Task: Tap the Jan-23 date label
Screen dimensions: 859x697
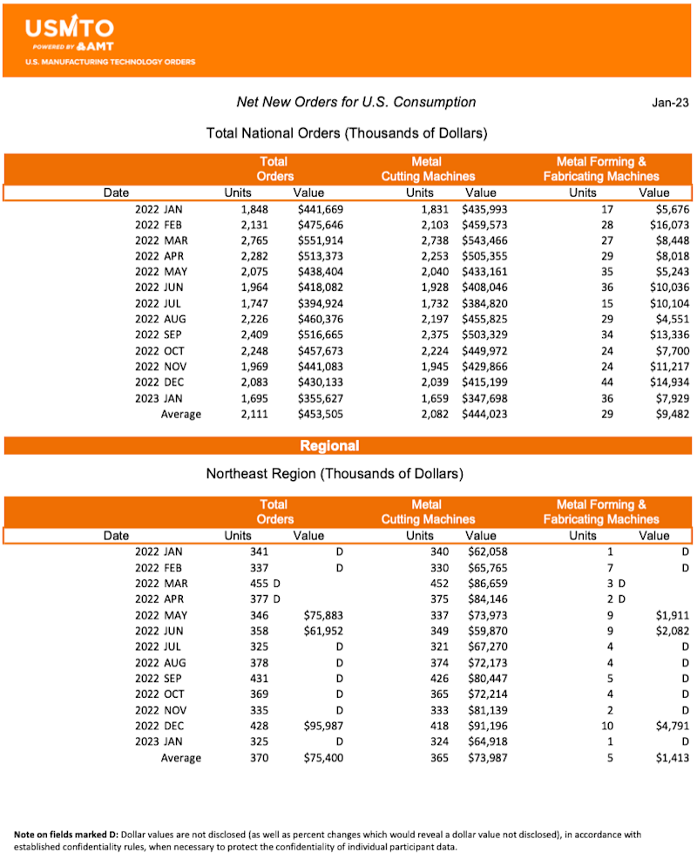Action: (x=670, y=103)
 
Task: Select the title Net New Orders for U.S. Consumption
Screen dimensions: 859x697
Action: (x=356, y=102)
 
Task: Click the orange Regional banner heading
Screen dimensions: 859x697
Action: (x=329, y=446)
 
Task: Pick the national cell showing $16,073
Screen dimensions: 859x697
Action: (x=669, y=225)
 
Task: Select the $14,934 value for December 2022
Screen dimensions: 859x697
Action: (x=669, y=382)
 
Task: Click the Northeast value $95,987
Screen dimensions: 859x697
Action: (x=324, y=725)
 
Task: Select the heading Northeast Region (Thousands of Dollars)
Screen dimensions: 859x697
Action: (x=335, y=475)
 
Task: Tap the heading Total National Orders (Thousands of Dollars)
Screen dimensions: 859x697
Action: (x=346, y=133)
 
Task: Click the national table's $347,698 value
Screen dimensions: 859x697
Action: (x=485, y=398)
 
